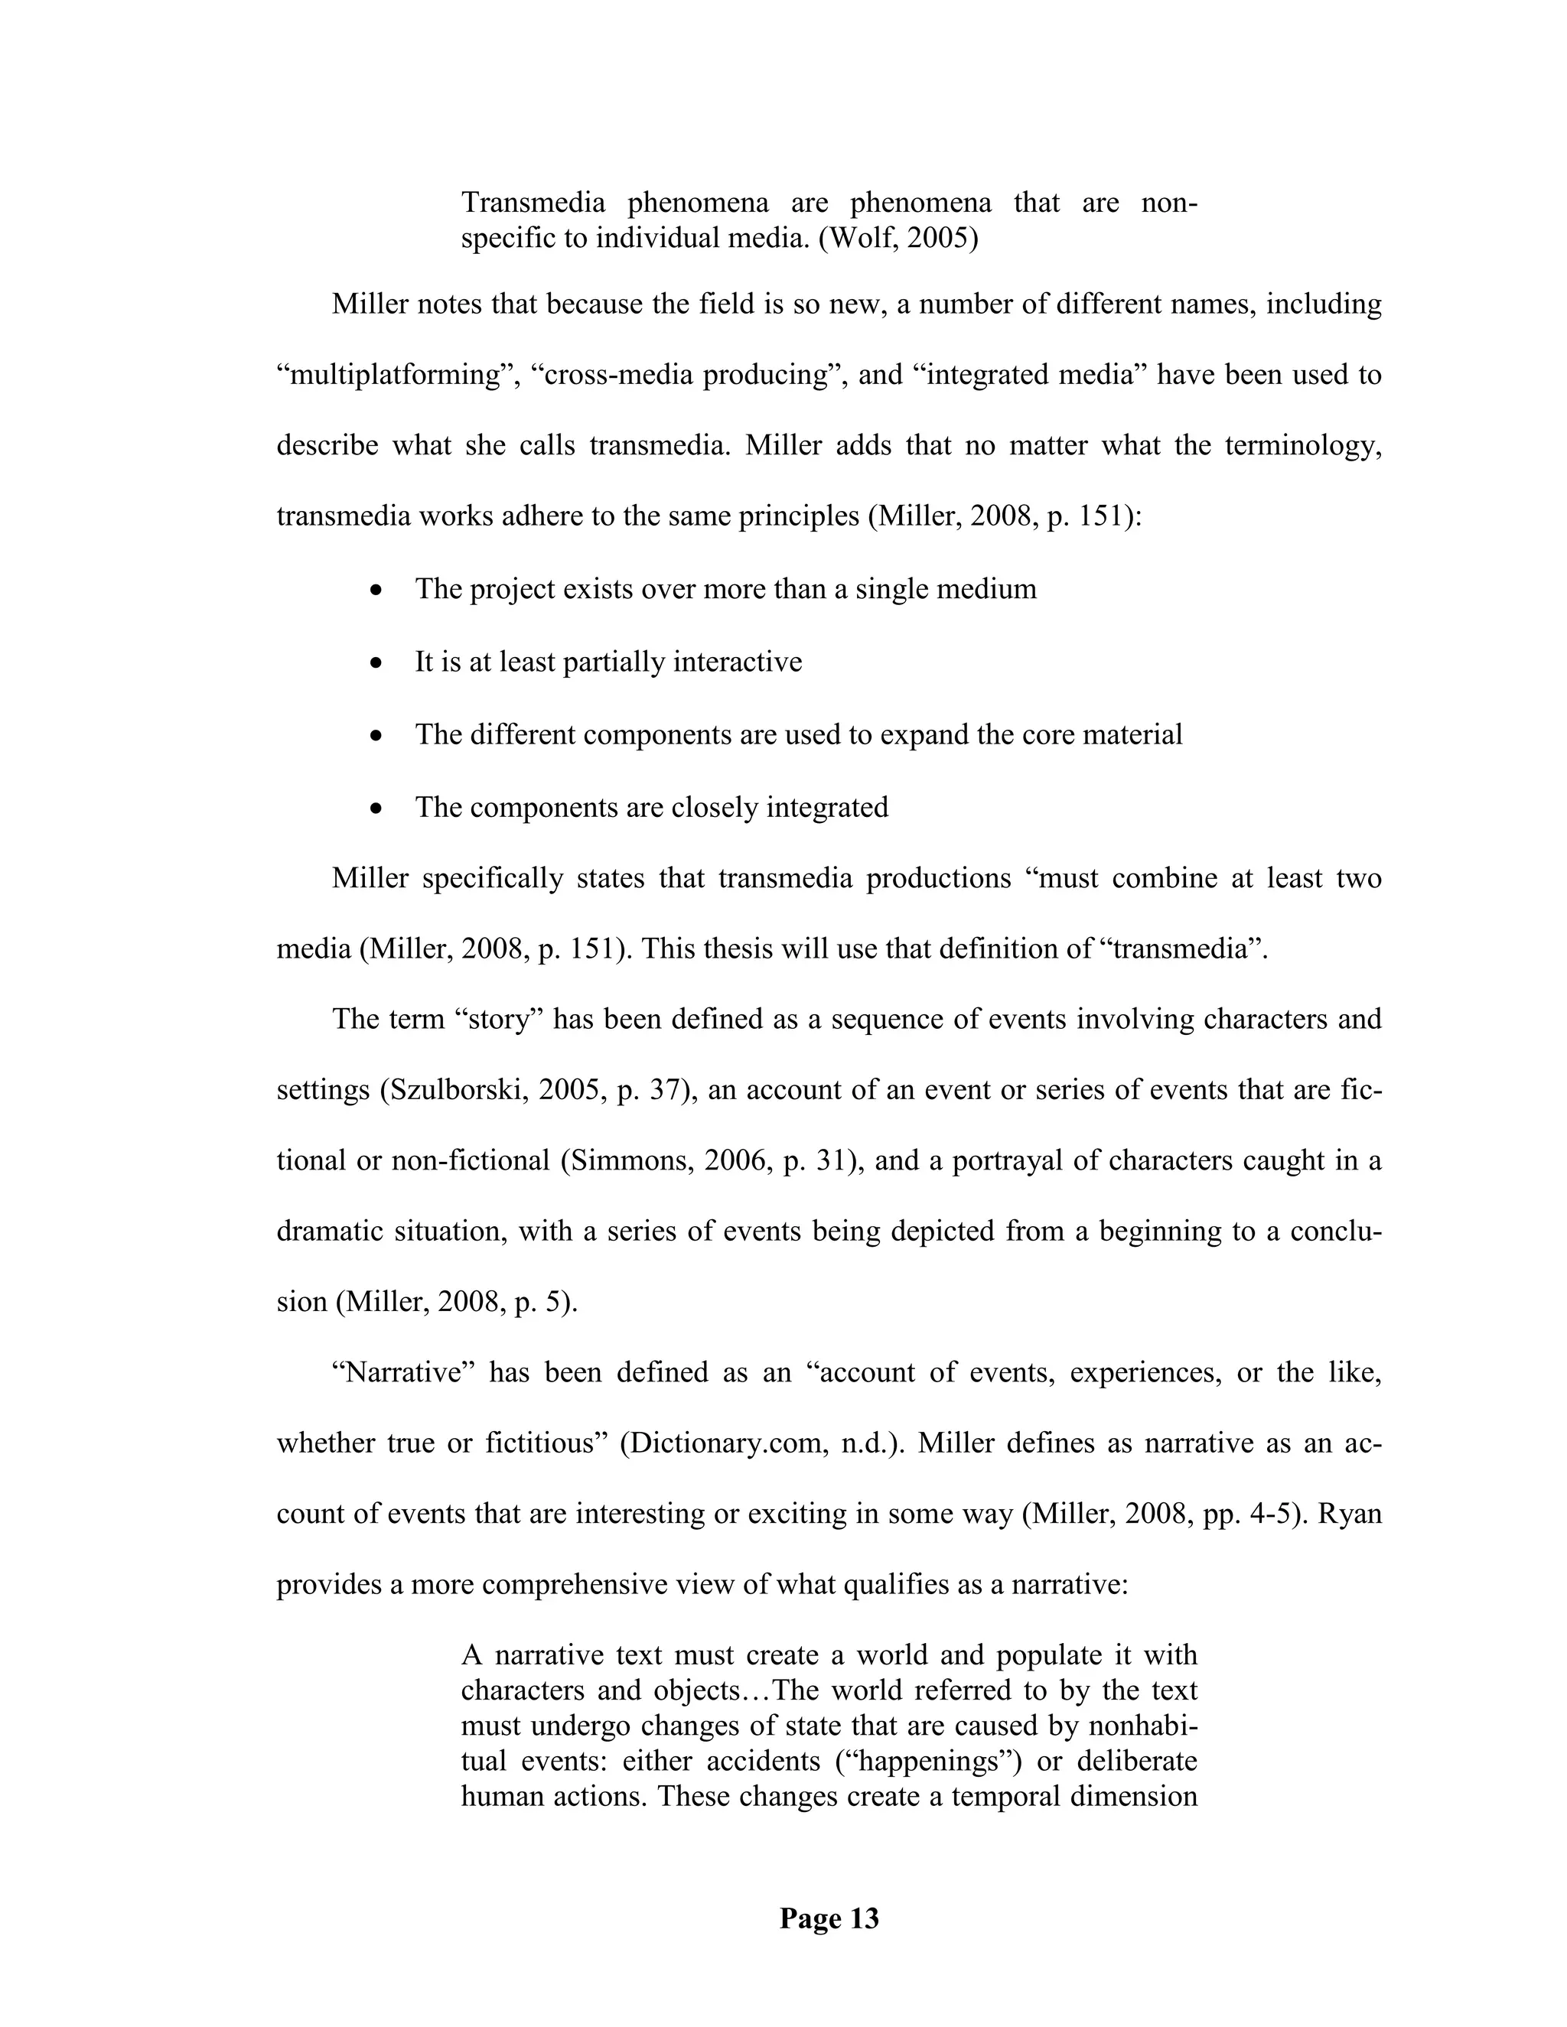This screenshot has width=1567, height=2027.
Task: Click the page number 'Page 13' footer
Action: [x=828, y=1918]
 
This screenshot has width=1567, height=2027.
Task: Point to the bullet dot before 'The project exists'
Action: [x=376, y=591]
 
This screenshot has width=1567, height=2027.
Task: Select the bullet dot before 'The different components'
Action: [x=376, y=736]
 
